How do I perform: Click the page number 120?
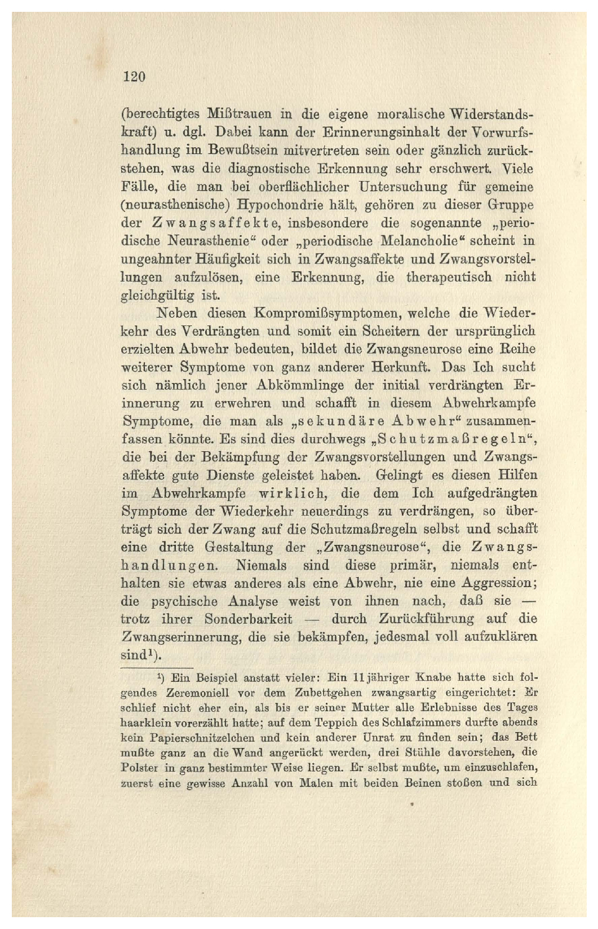click(x=134, y=77)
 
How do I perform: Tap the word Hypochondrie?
click(x=276, y=204)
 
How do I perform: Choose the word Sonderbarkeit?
click(x=249, y=619)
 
